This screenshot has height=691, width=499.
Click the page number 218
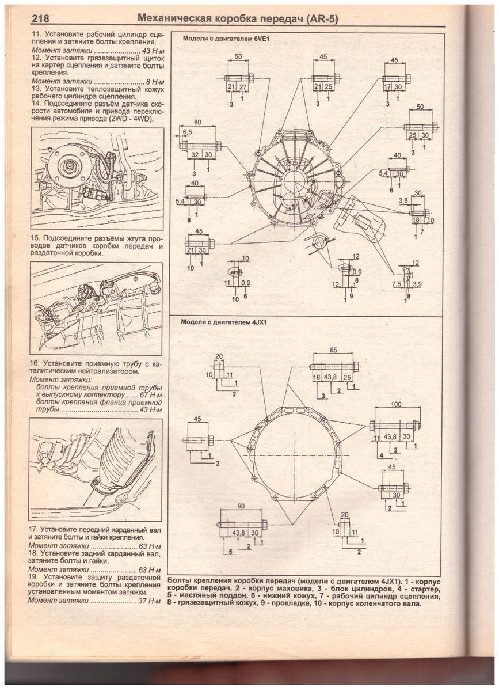[40, 19]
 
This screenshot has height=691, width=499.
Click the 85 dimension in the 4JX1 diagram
[333, 350]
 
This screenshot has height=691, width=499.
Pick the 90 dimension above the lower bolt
[242, 515]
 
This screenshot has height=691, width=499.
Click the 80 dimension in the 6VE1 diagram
[197, 122]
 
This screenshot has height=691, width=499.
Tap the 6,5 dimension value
[187, 132]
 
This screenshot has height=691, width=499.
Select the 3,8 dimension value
[403, 201]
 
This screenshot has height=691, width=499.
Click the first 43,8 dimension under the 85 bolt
[330, 377]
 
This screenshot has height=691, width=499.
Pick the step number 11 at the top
[36, 35]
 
